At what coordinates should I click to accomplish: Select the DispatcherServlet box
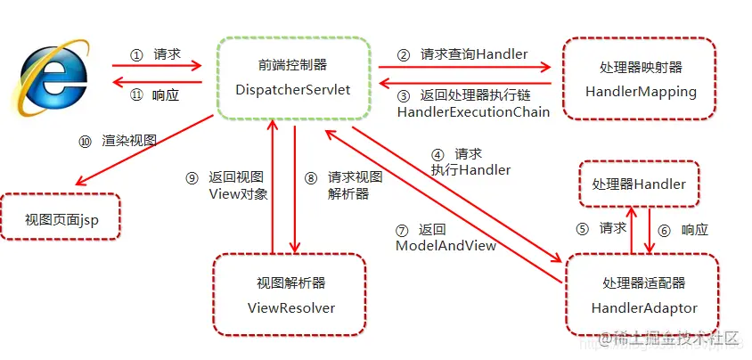[292, 78]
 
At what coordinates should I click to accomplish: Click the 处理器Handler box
[639, 184]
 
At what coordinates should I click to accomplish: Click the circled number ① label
[136, 54]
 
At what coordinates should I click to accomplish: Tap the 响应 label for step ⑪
[166, 94]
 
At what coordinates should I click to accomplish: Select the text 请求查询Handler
[474, 54]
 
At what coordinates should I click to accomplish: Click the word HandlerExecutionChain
[473, 111]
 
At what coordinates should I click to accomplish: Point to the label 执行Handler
[470, 169]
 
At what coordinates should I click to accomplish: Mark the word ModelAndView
[445, 244]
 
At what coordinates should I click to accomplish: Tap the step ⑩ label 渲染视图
[129, 140]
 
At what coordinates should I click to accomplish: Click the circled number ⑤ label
[583, 228]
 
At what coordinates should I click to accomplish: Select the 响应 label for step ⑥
[694, 229]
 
